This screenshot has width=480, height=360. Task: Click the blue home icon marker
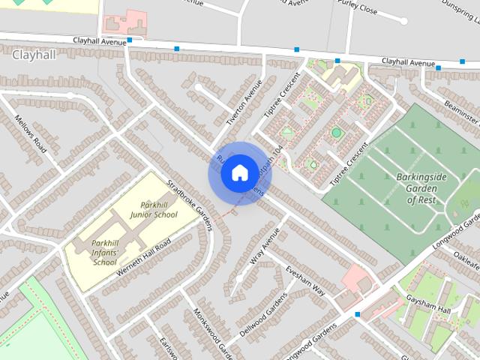pyautogui.click(x=239, y=173)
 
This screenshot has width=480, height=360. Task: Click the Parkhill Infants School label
pyautogui.click(x=105, y=251)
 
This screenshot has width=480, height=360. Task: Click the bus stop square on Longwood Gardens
pyautogui.click(x=358, y=314)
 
